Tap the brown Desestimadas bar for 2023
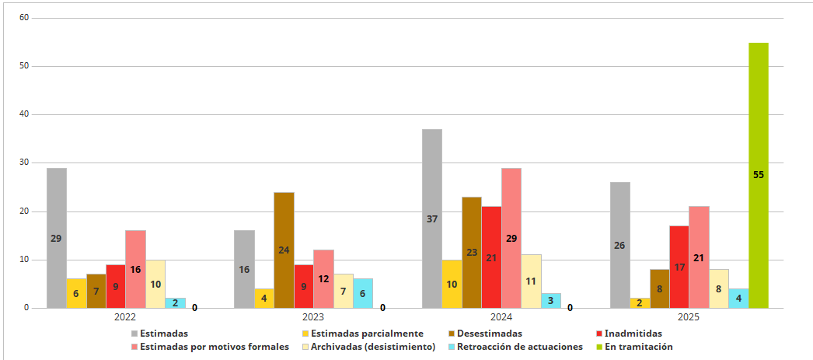tap(284, 250)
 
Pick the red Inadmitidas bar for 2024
tap(491, 257)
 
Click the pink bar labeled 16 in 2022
tap(135, 269)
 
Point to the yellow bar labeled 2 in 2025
tap(640, 302)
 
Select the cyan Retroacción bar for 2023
tap(363, 293)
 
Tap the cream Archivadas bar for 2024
tap(531, 281)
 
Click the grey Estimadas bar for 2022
tap(56, 238)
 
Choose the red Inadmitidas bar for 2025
tap(679, 267)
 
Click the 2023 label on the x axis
tap(313, 317)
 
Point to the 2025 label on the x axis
tap(689, 317)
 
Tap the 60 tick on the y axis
tap(23, 17)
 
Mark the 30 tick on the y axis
tap(23, 163)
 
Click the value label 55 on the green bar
tap(759, 175)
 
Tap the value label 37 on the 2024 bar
tap(432, 219)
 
